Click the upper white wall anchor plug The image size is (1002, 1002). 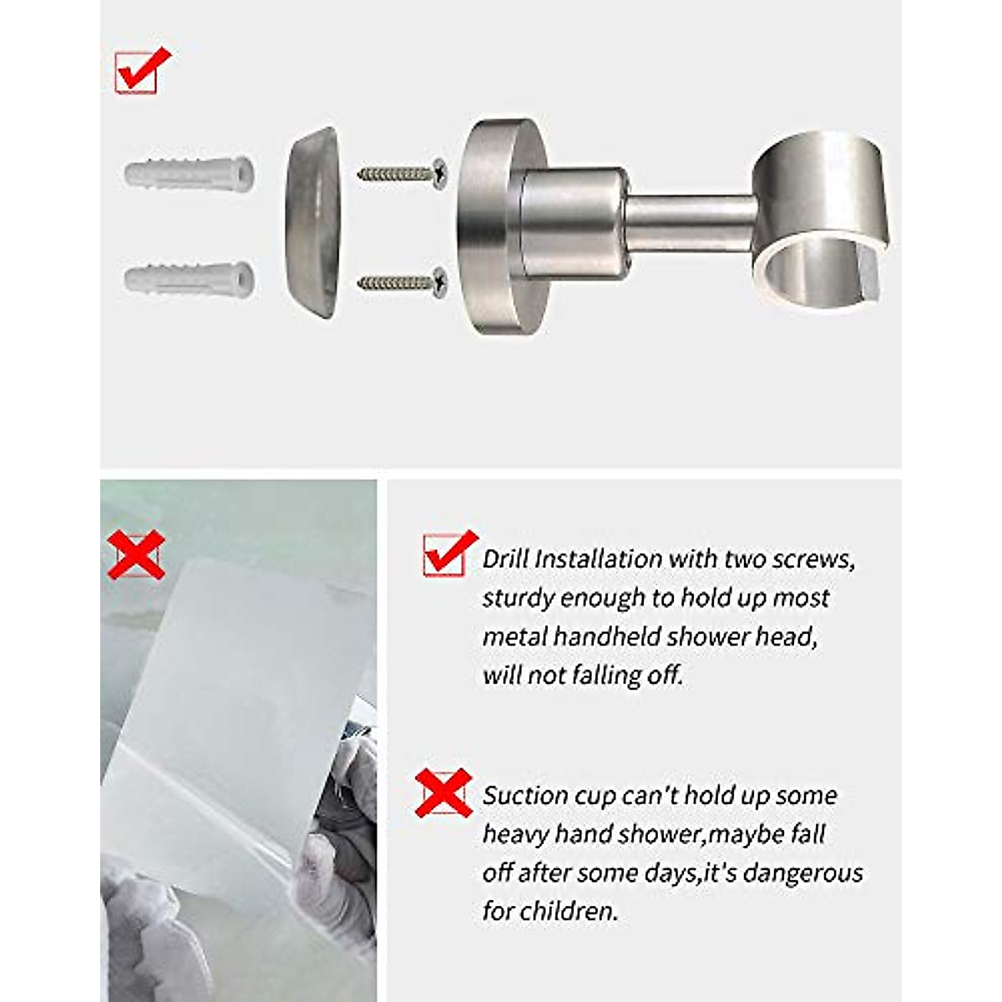190,175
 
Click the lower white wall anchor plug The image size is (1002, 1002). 190,277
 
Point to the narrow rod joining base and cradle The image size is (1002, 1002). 690,225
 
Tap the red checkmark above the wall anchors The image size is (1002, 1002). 141,70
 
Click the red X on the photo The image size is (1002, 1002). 136,554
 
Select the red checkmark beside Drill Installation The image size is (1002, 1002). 448,553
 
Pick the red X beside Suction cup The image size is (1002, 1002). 443,792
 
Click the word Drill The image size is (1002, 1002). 505,559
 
